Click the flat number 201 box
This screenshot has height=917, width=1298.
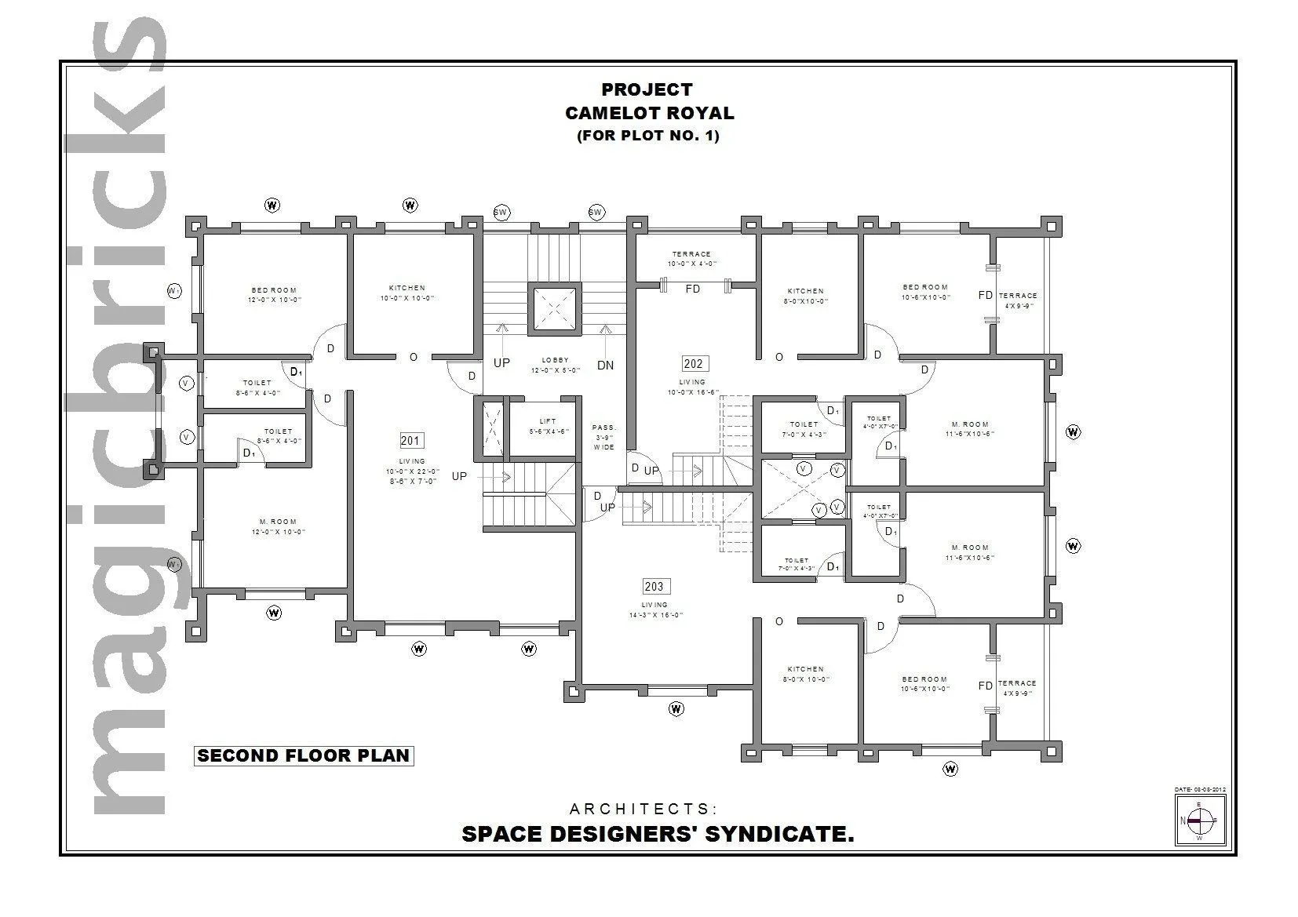click(x=410, y=441)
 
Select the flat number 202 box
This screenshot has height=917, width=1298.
click(x=694, y=363)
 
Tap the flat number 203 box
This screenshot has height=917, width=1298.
click(x=654, y=586)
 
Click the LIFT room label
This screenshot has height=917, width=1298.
click(x=548, y=426)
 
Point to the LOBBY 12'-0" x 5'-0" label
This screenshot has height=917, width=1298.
click(x=555, y=365)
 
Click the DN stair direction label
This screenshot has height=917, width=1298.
click(x=605, y=366)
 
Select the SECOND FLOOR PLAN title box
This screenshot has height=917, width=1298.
click(x=304, y=756)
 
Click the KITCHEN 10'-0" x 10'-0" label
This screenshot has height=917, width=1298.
click(x=407, y=293)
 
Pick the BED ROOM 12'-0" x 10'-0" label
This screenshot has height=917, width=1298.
click(x=274, y=295)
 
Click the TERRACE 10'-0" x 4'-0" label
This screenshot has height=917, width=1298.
click(x=691, y=259)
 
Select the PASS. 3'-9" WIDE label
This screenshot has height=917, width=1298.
click(x=604, y=437)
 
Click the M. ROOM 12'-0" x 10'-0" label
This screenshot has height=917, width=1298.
click(x=278, y=526)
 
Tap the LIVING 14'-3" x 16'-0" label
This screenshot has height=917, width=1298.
click(x=655, y=610)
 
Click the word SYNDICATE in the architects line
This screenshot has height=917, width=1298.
click(x=778, y=834)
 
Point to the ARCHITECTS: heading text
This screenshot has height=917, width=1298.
click(x=643, y=809)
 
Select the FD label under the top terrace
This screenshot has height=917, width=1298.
click(x=692, y=289)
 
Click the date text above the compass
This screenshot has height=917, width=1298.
click(x=1200, y=789)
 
